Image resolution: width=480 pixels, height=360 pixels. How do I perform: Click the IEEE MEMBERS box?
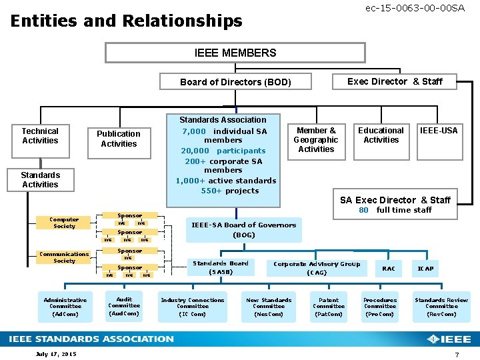tap(235, 53)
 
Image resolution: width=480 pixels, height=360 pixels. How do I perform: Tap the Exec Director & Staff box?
tap(395, 81)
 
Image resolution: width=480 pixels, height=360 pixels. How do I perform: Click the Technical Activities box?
tap(40, 136)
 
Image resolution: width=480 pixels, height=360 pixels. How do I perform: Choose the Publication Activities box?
tap(119, 139)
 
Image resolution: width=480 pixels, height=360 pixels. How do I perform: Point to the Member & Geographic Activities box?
tap(316, 140)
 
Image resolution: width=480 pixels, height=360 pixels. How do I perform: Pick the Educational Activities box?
tap(381, 136)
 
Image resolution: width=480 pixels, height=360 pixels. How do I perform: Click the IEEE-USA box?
tap(439, 131)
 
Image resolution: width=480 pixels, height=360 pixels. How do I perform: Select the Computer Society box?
tap(64, 223)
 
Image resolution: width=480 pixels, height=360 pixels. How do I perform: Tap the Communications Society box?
tap(64, 257)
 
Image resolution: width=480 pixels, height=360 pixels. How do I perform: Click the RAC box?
tap(388, 269)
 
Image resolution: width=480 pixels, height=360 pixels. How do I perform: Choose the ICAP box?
tap(425, 269)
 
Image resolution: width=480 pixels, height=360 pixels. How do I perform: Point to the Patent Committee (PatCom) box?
tap(329, 307)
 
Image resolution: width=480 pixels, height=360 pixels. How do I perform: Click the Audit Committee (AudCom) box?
tap(124, 306)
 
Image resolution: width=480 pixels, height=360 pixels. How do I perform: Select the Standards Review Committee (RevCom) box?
tap(441, 307)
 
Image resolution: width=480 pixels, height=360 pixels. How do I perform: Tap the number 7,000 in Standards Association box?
tap(194, 131)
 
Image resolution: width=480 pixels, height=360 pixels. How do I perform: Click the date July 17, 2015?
tap(56, 353)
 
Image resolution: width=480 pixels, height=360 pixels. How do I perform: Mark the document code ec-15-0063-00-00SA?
tap(415, 7)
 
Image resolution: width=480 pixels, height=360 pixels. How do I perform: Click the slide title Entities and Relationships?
tap(127, 21)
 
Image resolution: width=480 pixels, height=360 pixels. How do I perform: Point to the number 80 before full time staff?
tap(363, 210)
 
